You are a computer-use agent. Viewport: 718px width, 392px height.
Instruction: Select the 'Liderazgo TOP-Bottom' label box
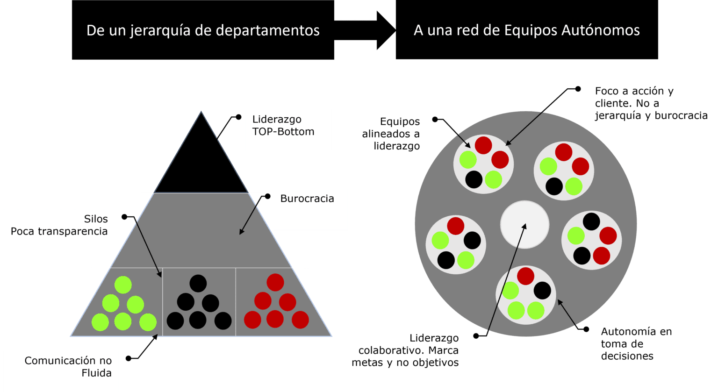click(x=288, y=129)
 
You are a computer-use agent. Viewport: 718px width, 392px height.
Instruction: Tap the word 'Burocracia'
click(x=307, y=199)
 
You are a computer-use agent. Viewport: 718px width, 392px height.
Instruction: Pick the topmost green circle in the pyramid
click(x=123, y=285)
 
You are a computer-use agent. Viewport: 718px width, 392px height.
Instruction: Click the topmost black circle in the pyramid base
click(x=198, y=283)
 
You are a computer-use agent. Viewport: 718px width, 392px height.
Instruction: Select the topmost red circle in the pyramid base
click(x=275, y=282)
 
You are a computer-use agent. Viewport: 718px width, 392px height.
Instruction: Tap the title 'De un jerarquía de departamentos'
click(x=203, y=30)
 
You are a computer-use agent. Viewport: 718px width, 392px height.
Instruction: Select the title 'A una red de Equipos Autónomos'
click(x=526, y=30)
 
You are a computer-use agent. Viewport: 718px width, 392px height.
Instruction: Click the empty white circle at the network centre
click(x=524, y=225)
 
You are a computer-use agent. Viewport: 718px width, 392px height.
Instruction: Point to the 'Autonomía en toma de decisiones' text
click(x=636, y=344)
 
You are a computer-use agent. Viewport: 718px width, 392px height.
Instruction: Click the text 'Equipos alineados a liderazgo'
click(x=392, y=134)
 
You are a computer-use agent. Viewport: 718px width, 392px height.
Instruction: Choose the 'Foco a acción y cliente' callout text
click(x=651, y=103)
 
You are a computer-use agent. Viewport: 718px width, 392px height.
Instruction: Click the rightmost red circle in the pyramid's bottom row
click(x=300, y=320)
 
